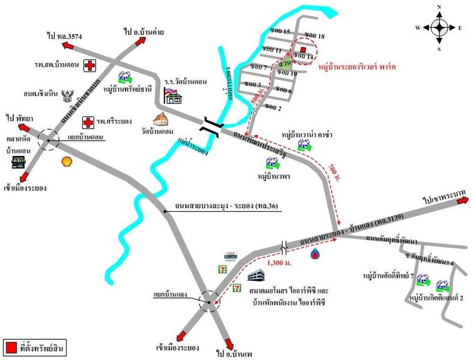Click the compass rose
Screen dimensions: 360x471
(x=439, y=27)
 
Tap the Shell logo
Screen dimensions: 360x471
(x=66, y=161)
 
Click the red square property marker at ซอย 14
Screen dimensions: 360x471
(x=303, y=49)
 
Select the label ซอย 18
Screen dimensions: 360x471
(x=313, y=35)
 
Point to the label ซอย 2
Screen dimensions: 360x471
(x=273, y=107)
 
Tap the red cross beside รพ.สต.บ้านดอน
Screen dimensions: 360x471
(x=91, y=65)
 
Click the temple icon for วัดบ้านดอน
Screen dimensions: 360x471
(x=161, y=119)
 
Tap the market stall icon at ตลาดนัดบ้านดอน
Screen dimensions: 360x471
(x=18, y=162)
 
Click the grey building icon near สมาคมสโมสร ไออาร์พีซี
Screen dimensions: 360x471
(x=254, y=275)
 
